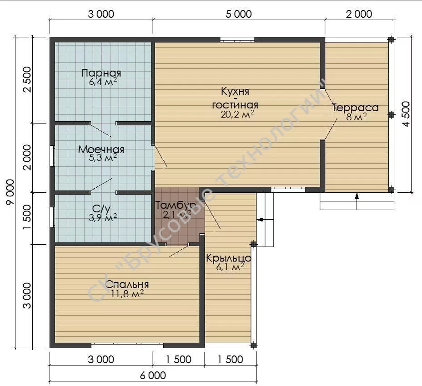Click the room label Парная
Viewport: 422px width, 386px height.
101,73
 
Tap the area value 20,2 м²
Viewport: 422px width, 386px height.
237,114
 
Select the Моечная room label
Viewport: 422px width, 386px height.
101,149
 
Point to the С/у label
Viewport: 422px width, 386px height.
101,209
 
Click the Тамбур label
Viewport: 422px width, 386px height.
176,205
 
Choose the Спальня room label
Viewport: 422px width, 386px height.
127,284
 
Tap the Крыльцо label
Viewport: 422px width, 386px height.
228,258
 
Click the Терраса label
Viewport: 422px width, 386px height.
356,108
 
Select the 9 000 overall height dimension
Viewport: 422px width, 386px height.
10,192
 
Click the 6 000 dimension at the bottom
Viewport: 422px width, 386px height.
153,375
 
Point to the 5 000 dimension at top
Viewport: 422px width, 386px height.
238,14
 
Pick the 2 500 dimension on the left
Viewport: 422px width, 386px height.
27,80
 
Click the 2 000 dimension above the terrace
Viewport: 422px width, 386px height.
359,14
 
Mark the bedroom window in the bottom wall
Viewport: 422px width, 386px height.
127,345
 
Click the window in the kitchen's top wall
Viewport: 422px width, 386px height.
237,40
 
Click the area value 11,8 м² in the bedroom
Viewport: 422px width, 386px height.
127,293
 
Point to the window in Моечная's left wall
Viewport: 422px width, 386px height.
52,156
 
